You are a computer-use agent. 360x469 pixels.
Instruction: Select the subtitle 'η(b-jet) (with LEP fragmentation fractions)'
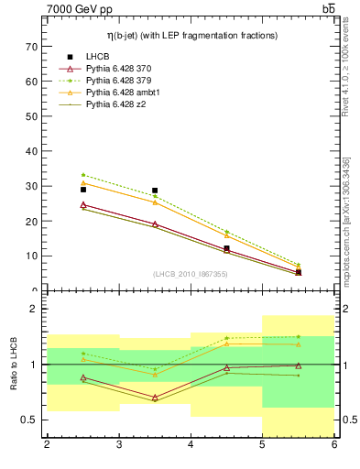(191, 35)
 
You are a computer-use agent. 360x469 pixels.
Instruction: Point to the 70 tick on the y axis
(34, 46)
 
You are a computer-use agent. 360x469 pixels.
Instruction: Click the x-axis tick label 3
(118, 444)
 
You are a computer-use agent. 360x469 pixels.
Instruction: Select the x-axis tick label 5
(262, 444)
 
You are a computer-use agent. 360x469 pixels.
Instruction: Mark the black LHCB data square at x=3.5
(155, 191)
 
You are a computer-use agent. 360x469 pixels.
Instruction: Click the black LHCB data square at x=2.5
(83, 190)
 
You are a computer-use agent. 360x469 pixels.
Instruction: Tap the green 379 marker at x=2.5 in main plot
(83, 175)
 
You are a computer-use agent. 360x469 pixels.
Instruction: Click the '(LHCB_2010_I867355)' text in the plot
(191, 275)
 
